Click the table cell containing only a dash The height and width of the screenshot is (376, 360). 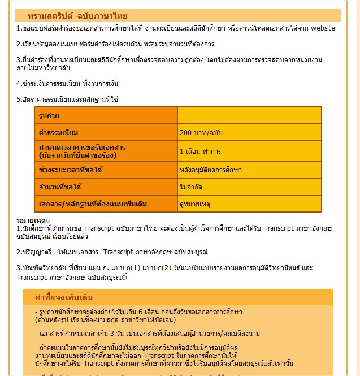pyautogui.click(x=181, y=115)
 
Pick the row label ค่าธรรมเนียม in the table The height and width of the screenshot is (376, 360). pyautogui.click(x=58, y=133)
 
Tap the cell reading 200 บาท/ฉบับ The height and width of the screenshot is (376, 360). pyautogui.click(x=200, y=133)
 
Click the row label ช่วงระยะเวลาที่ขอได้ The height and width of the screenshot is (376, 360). pyautogui.click(x=71, y=170)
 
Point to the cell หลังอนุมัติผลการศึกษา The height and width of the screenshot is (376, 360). pyautogui.click(x=210, y=170)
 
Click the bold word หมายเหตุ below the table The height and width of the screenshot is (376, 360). pyautogui.click(x=32, y=219)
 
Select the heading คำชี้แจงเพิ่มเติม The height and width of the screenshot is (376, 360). pyautogui.click(x=64, y=297)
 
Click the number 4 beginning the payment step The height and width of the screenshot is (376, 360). pyautogui.click(x=18, y=84)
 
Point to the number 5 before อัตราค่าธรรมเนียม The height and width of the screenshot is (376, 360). pyautogui.click(x=18, y=100)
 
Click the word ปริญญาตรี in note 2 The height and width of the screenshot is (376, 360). pyautogui.click(x=36, y=250)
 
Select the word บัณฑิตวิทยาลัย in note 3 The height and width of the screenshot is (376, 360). pyautogui.click(x=42, y=267)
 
